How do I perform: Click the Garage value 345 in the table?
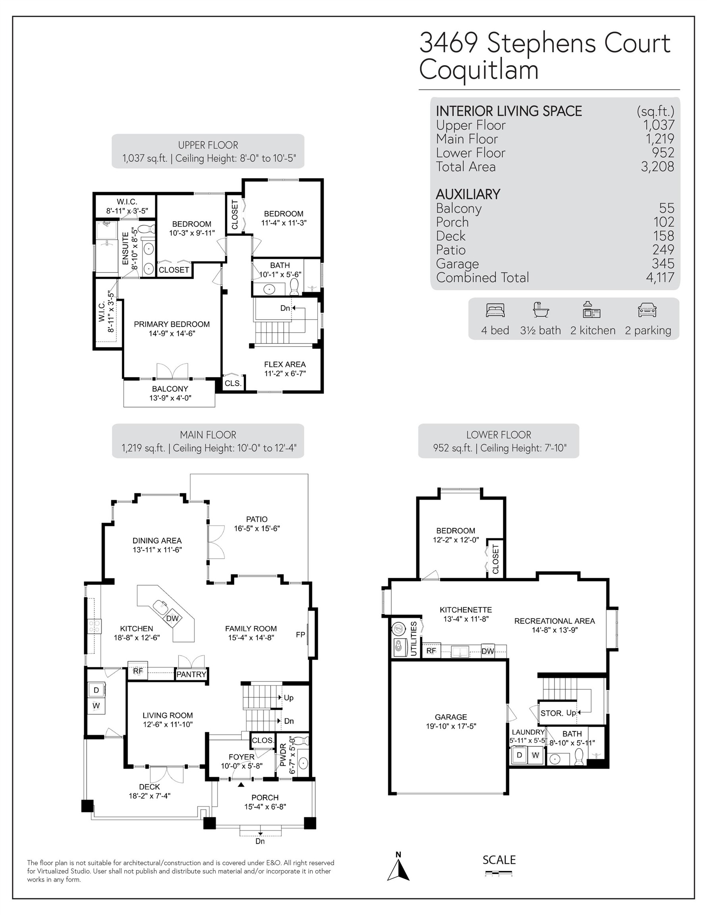point(663,264)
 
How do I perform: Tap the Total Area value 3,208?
point(657,166)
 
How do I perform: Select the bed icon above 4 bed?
point(495,311)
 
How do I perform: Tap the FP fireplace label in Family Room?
point(300,635)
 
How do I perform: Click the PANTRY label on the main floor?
point(191,674)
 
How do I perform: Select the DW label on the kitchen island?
point(172,618)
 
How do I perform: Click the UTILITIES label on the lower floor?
point(413,639)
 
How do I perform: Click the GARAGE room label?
point(450,717)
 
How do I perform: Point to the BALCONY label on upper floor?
point(170,389)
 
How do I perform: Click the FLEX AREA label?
point(284,365)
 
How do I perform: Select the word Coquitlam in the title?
point(479,69)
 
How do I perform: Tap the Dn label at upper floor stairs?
point(284,308)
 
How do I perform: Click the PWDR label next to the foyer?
point(283,755)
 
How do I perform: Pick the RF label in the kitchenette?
point(431,651)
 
